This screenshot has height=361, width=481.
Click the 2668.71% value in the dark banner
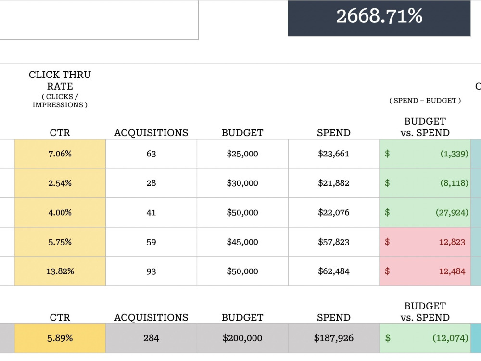tap(379, 16)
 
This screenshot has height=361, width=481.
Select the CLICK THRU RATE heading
tap(60, 80)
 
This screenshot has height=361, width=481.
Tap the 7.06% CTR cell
tap(60, 154)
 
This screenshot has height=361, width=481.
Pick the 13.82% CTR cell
tap(60, 271)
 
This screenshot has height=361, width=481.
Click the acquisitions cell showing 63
tap(151, 154)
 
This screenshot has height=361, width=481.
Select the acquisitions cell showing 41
tap(151, 212)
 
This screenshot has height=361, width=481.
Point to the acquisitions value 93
tap(151, 271)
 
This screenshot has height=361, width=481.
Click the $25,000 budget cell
tap(242, 154)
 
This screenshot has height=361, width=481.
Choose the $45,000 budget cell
tap(242, 242)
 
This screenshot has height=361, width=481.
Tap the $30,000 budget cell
tap(242, 183)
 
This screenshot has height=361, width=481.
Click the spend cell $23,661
tap(333, 154)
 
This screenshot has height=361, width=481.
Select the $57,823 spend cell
tap(333, 242)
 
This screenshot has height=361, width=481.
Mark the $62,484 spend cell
tap(333, 271)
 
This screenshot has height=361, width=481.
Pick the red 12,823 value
tap(452, 242)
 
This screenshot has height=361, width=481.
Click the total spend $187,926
tap(333, 338)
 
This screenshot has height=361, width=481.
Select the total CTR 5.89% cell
tap(60, 338)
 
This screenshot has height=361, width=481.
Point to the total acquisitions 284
tap(151, 338)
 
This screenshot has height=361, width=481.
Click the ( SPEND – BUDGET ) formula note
tap(425, 101)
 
